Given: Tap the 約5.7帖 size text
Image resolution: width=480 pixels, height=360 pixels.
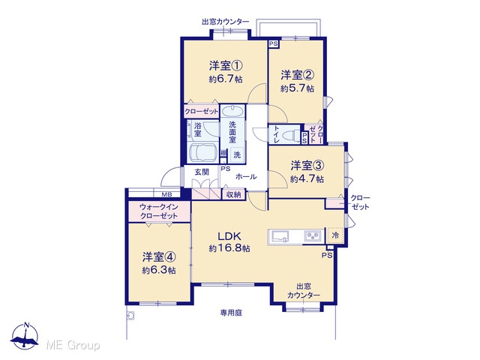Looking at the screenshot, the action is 297,88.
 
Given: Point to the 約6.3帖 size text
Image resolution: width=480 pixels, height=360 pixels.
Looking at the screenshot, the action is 159,270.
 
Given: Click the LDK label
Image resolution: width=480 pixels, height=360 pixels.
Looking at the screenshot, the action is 229,236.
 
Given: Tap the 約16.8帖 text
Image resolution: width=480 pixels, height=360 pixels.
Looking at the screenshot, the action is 229,248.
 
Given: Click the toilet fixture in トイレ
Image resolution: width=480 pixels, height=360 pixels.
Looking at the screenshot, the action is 292,135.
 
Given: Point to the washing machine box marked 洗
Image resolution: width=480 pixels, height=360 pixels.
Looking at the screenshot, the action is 237,154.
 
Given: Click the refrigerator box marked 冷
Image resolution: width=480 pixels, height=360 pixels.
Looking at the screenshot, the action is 335,235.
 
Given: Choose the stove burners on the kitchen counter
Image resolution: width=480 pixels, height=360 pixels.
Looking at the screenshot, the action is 313,235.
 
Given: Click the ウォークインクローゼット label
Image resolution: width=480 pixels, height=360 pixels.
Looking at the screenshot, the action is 158,211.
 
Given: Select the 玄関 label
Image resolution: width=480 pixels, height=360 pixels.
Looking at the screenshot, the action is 202,172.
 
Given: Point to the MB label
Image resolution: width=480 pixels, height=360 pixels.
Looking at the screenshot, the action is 166,194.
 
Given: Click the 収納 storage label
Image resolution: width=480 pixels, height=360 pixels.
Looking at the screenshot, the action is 233,194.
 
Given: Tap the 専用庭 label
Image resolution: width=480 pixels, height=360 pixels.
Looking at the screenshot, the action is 231,313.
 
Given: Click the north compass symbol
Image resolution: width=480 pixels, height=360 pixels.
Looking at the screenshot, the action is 25,335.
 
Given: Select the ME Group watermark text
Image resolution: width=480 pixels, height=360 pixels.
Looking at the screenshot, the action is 73,346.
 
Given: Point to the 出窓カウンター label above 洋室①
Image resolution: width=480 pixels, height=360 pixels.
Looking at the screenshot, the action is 225,22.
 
